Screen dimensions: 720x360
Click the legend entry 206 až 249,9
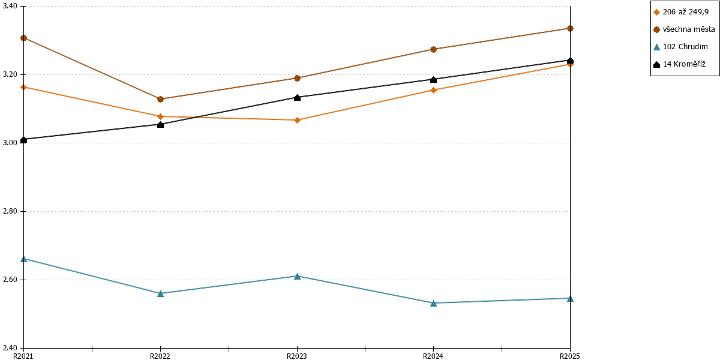[x=681, y=12]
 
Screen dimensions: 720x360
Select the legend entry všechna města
[x=685, y=29]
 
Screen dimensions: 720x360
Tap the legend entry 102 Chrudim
[x=681, y=47]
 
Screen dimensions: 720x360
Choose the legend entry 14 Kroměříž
[x=679, y=64]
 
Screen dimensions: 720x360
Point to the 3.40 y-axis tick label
[x=10, y=6]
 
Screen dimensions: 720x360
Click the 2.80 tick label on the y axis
[x=10, y=211]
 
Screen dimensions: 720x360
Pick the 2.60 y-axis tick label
[x=10, y=280]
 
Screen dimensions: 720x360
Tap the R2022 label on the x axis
[x=160, y=356]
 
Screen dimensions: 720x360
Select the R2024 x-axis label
[x=433, y=356]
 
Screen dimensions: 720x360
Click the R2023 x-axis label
[x=296, y=356]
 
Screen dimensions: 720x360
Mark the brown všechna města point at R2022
[x=160, y=100]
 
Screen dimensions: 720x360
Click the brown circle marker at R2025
[x=570, y=29]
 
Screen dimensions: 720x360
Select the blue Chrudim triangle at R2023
[x=298, y=277]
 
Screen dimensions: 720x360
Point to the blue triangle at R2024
[x=433, y=303]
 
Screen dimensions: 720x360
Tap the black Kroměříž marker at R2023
[x=298, y=97]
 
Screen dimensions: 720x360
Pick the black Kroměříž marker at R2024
[x=433, y=79]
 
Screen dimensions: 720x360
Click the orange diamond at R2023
[x=298, y=120]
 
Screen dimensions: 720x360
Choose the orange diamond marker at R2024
[x=433, y=91]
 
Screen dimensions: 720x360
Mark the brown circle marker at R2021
[x=23, y=38]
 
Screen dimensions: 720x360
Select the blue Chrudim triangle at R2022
[x=160, y=293]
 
